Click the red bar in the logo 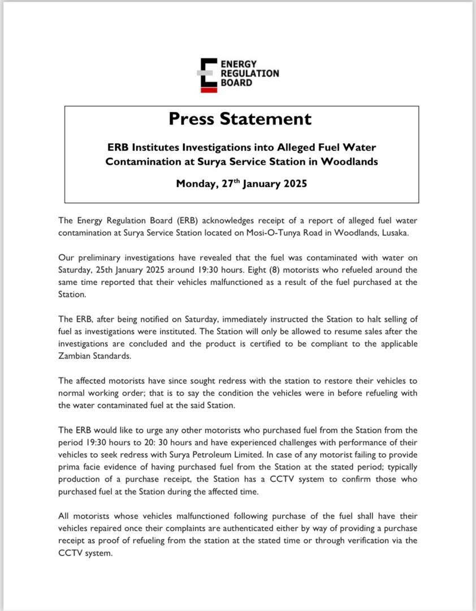point(209,89)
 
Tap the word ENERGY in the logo point(239,64)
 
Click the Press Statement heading point(240,119)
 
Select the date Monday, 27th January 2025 point(241,183)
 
